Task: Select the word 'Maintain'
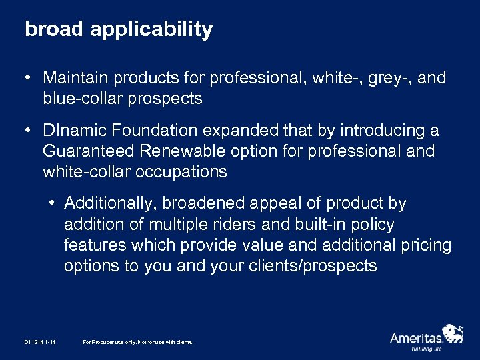pyautogui.click(x=78, y=78)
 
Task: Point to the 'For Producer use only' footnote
pyautogui.click(x=138, y=342)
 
